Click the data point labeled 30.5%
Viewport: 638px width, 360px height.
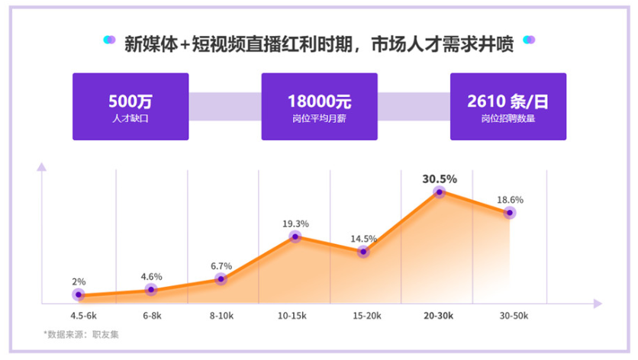440,193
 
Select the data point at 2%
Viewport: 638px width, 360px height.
79,295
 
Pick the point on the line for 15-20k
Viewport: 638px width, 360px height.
364,252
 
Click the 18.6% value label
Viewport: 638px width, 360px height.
511,200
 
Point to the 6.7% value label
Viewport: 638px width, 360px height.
221,265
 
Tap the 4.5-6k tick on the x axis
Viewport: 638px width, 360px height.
83,314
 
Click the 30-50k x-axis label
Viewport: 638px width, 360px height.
514,314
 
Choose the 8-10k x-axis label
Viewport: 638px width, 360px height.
221,314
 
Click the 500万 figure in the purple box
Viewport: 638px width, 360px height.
130,101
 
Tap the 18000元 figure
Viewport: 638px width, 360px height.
319,101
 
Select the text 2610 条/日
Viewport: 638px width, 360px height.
507,101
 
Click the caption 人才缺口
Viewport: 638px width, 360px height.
130,119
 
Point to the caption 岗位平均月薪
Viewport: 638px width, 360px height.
319,119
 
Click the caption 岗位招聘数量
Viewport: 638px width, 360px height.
507,119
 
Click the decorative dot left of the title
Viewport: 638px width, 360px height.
108,40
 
